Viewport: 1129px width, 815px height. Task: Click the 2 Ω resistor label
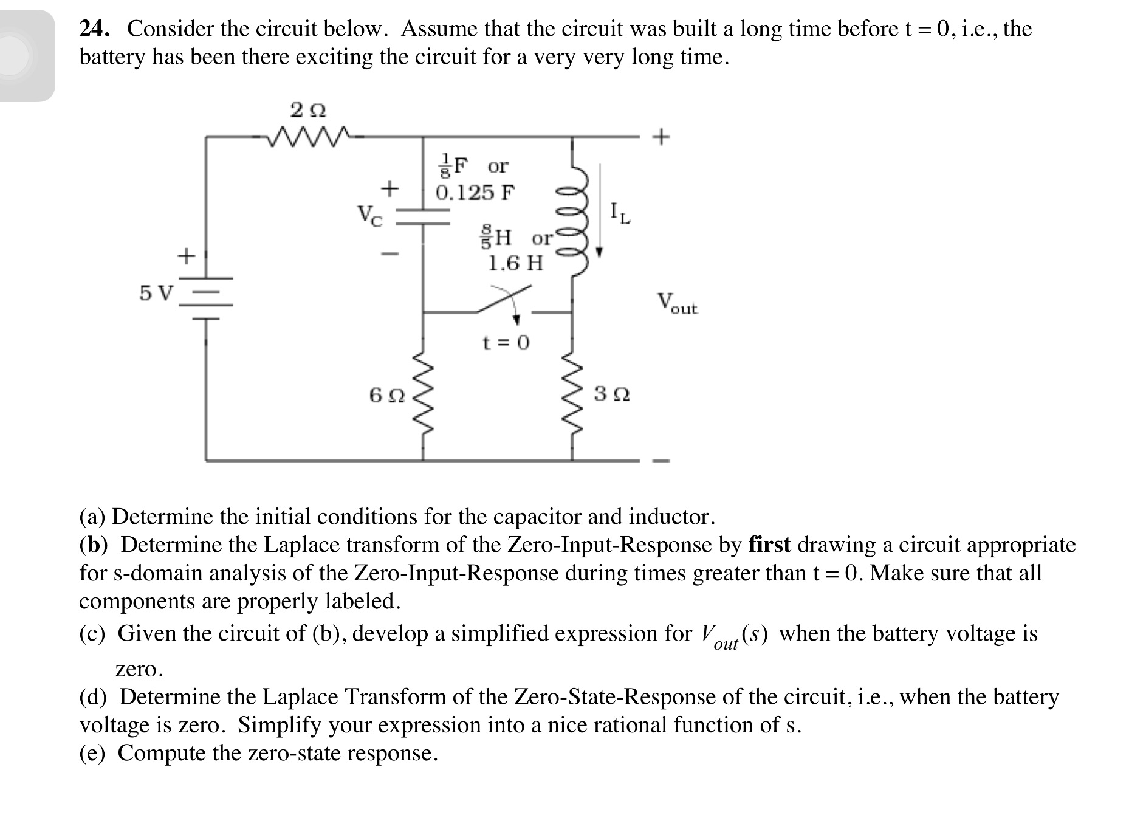click(x=308, y=111)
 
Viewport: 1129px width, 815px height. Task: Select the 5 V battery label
click(x=156, y=294)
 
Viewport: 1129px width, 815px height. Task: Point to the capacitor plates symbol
click(x=424, y=218)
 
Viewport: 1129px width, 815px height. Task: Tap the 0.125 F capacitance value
click(x=475, y=193)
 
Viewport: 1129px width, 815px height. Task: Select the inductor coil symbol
click(x=573, y=219)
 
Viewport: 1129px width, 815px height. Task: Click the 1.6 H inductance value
click(x=516, y=263)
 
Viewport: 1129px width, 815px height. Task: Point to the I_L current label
click(x=620, y=213)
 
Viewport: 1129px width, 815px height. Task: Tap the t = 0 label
click(x=506, y=343)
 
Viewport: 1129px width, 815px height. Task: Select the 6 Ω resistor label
click(x=387, y=396)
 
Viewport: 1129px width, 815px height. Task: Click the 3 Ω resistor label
click(x=612, y=394)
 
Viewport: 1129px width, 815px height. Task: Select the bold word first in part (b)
click(x=769, y=545)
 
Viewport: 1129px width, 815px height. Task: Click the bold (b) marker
click(x=94, y=545)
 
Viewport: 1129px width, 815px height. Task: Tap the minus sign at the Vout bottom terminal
click(x=661, y=460)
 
